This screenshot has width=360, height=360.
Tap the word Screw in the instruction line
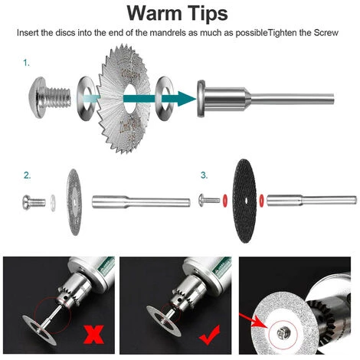(x=326, y=33)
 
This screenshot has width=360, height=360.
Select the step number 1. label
(x=27, y=63)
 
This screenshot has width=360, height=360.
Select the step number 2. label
(x=28, y=175)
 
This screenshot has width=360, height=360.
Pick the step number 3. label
(x=205, y=175)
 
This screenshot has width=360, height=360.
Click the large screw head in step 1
(x=38, y=98)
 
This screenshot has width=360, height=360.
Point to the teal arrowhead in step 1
(x=186, y=99)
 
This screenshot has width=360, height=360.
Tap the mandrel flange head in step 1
(x=201, y=98)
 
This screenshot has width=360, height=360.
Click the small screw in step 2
(x=34, y=202)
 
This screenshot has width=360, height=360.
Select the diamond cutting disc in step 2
(x=74, y=202)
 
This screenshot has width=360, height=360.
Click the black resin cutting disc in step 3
(x=244, y=201)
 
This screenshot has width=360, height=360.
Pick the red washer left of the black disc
(x=225, y=201)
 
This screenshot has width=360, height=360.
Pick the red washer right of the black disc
(x=261, y=201)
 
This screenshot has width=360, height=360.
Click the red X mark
(x=93, y=334)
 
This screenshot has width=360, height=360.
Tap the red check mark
(x=210, y=335)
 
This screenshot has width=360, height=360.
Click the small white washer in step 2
(x=53, y=203)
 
